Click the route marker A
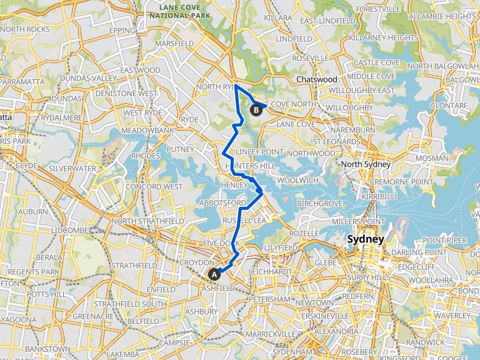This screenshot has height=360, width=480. [x=214, y=274]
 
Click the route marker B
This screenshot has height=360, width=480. [x=256, y=110]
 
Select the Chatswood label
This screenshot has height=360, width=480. [x=317, y=79]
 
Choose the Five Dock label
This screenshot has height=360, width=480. [x=217, y=243]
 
